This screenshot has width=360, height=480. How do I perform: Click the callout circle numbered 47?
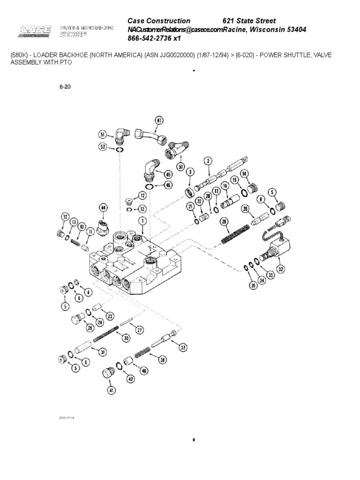[159, 120]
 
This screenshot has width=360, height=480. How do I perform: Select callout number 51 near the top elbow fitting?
[103, 134]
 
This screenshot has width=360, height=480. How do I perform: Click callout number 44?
[103, 207]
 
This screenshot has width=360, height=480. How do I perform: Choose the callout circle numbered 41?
[111, 389]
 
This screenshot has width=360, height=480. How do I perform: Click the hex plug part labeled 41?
[108, 373]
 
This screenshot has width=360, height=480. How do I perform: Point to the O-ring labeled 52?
[120, 150]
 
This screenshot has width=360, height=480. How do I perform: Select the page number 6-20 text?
[65, 87]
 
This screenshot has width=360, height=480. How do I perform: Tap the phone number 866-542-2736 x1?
[154, 38]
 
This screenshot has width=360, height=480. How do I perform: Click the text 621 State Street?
[249, 21]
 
